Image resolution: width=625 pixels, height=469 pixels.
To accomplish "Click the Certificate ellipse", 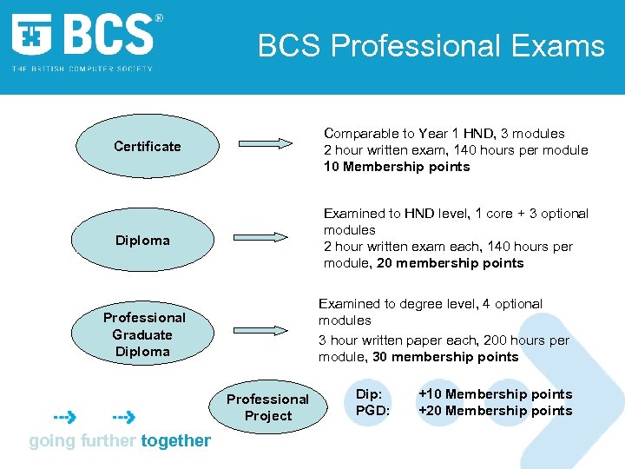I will [148, 146].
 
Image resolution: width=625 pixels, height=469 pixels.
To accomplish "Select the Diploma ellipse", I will [143, 240].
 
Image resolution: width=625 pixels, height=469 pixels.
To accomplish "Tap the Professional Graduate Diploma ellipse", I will [144, 334].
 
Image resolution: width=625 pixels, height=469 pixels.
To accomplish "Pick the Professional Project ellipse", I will [267, 407].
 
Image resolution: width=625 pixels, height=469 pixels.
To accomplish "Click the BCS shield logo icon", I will [31, 36].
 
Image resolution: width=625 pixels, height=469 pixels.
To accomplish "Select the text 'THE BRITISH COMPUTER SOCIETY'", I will [82, 69].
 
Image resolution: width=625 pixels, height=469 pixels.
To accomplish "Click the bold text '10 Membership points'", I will [397, 167].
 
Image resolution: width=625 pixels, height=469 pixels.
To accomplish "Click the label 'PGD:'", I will [372, 411].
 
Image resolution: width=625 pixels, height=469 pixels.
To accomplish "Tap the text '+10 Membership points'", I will [495, 394].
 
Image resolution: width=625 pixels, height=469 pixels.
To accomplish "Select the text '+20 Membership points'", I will [495, 411].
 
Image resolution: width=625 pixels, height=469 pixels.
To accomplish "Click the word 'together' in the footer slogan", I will [175, 440].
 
